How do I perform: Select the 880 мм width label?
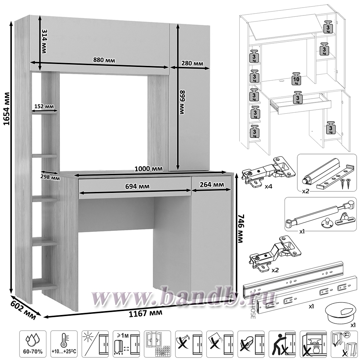(x=104, y=60)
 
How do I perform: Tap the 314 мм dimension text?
(x=44, y=41)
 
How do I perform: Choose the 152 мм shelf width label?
(x=44, y=106)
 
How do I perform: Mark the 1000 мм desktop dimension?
(x=148, y=168)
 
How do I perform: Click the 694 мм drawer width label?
(x=137, y=186)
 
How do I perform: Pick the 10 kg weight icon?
(x=297, y=80)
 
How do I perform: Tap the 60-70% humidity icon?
(x=33, y=342)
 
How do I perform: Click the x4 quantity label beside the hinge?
(x=268, y=187)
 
